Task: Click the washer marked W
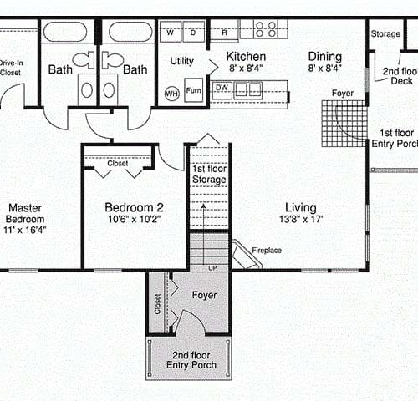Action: click(x=171, y=32)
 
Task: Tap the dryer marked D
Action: click(x=193, y=32)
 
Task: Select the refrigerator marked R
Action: click(x=224, y=31)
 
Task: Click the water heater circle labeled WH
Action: click(x=171, y=94)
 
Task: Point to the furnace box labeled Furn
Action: click(x=194, y=89)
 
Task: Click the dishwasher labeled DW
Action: click(x=222, y=89)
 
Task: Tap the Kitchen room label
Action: click(x=246, y=57)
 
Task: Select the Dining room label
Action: click(x=325, y=57)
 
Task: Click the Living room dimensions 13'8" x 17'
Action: click(x=301, y=219)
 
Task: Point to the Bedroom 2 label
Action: click(x=134, y=207)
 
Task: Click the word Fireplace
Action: click(x=267, y=251)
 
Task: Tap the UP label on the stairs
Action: click(x=212, y=268)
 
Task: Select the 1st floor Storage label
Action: click(x=209, y=174)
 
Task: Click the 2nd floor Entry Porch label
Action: click(x=191, y=360)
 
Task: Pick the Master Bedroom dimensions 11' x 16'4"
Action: click(x=25, y=230)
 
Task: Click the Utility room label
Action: click(x=182, y=61)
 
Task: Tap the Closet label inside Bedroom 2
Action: click(x=118, y=163)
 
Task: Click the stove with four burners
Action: click(x=266, y=29)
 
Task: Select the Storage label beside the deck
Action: click(x=385, y=34)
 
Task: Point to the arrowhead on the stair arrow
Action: click(x=204, y=206)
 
